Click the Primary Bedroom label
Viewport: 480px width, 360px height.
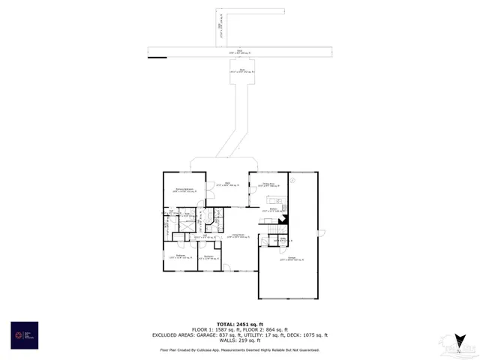[185, 190]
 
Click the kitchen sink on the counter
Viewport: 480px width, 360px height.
[273, 200]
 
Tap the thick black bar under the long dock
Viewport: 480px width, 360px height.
[157, 55]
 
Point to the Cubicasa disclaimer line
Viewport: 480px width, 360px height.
[239, 349]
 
